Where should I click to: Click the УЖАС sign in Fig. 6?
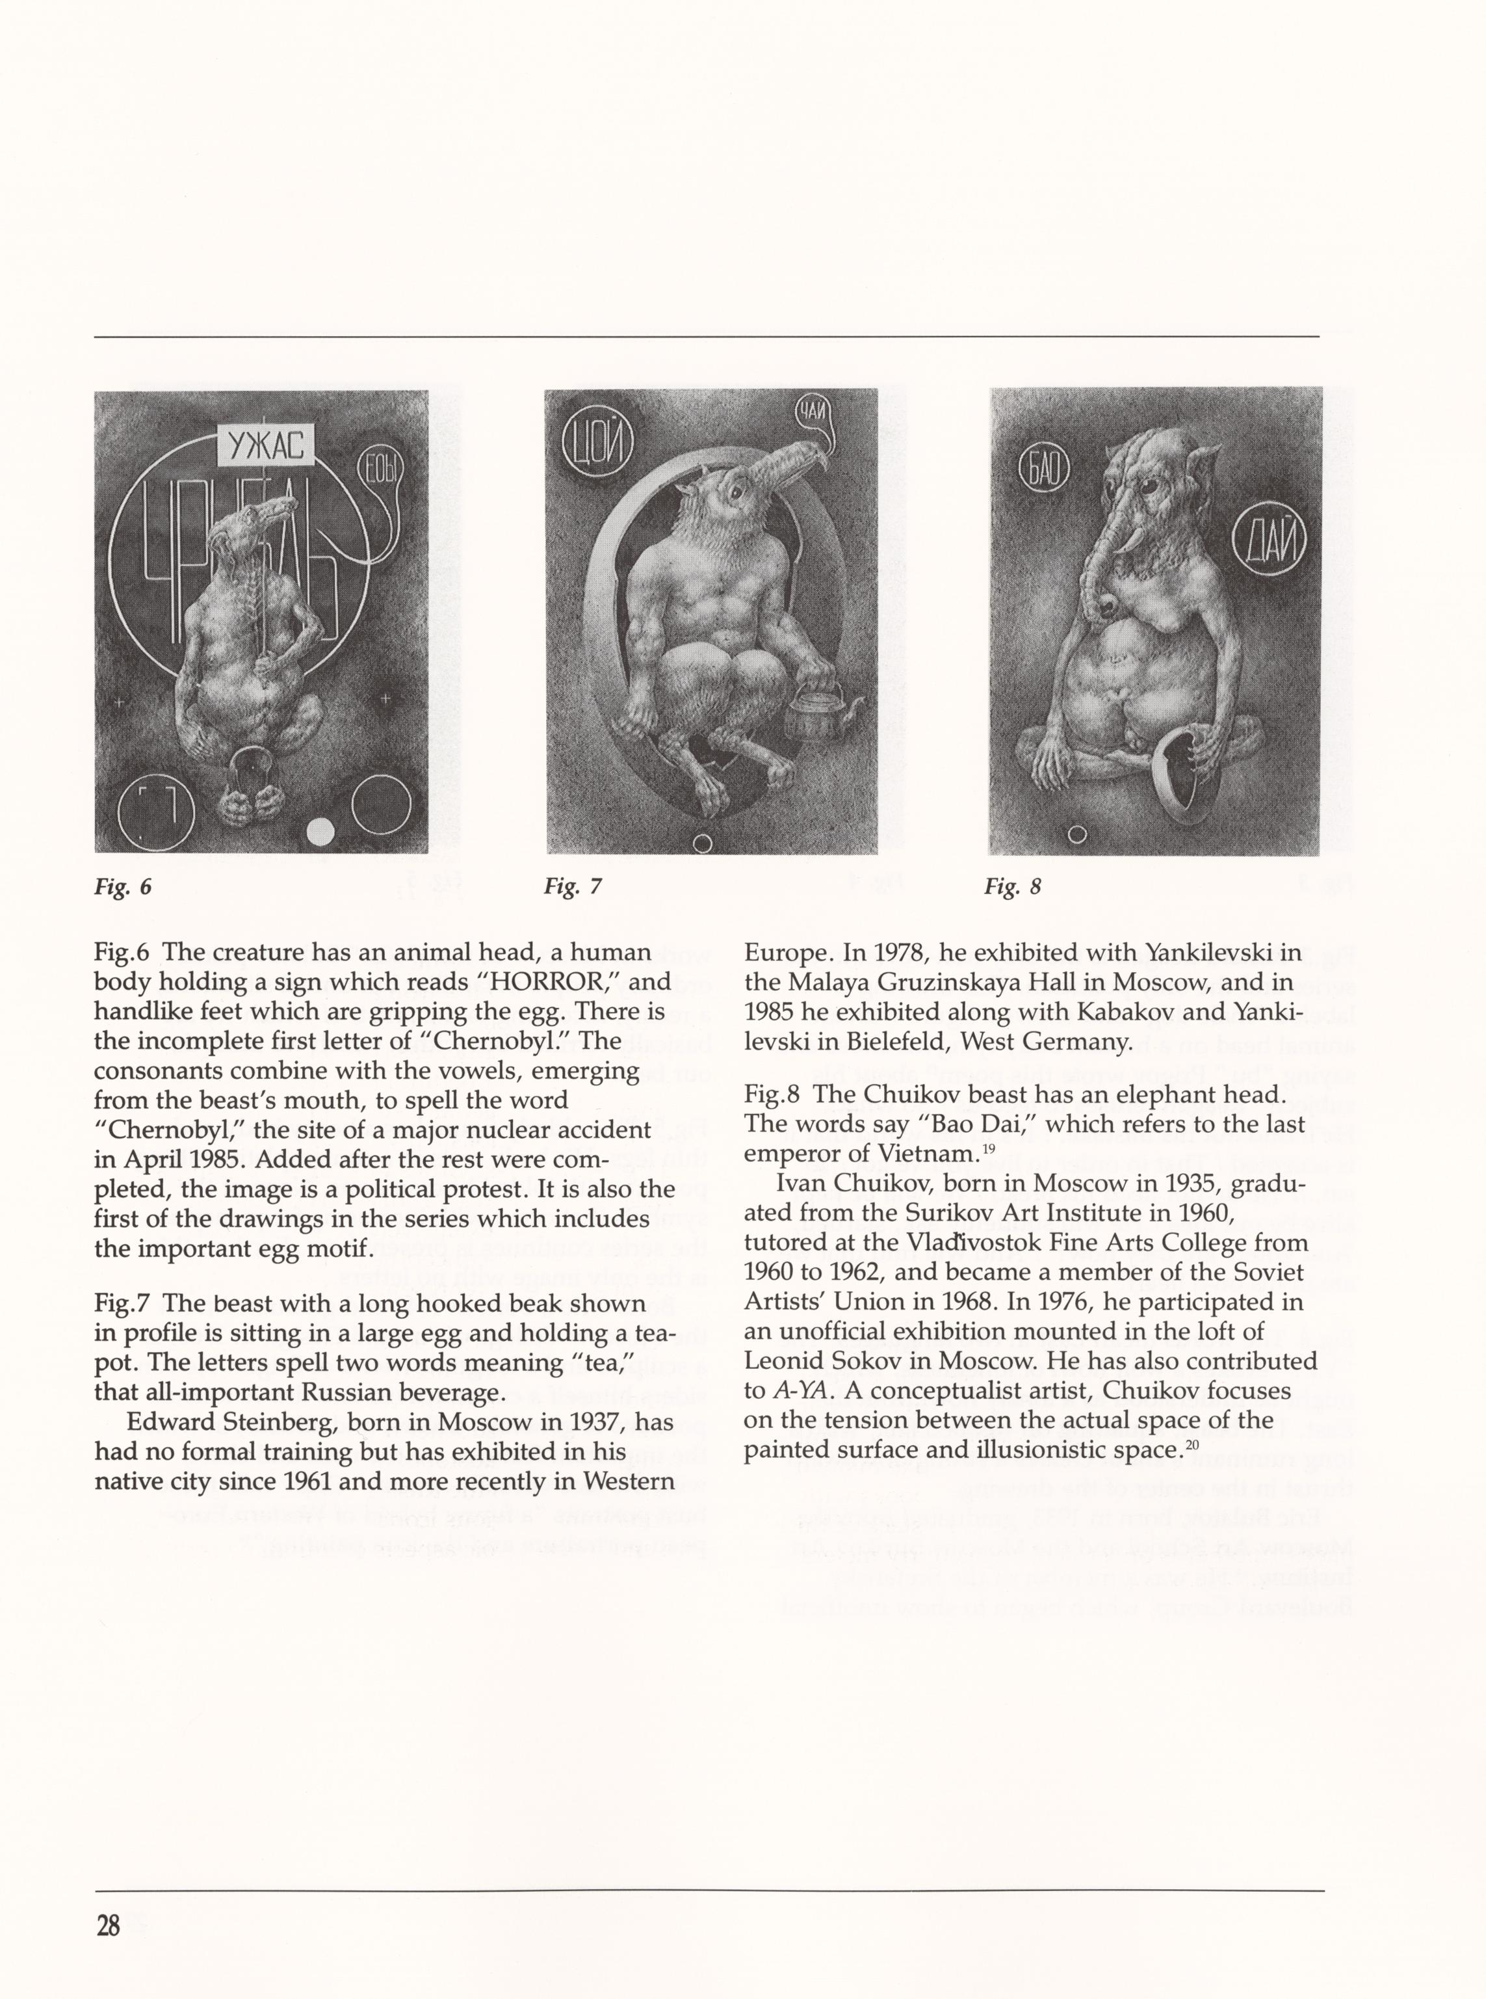click(265, 444)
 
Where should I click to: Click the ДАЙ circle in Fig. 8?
click(1270, 542)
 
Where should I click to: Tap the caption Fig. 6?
click(124, 887)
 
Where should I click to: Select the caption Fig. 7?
click(572, 887)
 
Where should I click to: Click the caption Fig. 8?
click(1012, 887)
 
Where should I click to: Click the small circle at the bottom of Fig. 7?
click(704, 843)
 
